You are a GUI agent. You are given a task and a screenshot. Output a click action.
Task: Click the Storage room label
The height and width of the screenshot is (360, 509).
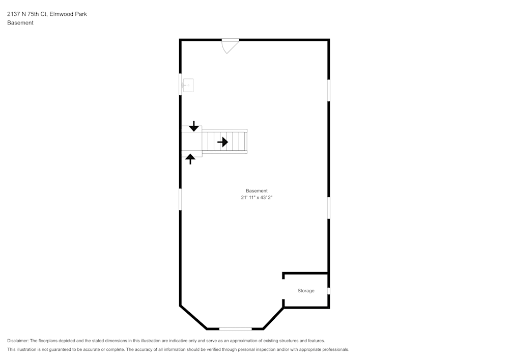[306, 291]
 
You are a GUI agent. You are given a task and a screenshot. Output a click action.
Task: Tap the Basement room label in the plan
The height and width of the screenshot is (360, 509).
[257, 191]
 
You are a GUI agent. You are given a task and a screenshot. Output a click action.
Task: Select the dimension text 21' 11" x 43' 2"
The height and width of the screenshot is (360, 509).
[257, 198]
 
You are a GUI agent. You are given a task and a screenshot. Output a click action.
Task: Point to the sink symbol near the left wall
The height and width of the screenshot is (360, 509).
[188, 86]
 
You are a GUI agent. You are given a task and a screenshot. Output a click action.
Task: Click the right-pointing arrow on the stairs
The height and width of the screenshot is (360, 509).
[223, 142]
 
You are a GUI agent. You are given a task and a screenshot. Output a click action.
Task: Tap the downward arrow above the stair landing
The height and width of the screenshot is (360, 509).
[194, 126]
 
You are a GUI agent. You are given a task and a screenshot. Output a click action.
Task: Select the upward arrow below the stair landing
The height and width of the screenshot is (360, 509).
[190, 159]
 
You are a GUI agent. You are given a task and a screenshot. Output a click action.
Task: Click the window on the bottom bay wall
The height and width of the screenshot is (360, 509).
[235, 329]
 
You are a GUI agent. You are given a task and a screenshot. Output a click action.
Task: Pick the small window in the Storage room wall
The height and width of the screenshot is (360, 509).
[328, 291]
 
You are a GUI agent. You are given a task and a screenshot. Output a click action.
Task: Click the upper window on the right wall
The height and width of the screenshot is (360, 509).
[328, 90]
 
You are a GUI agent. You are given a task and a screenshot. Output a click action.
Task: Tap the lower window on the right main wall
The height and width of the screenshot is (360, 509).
[328, 208]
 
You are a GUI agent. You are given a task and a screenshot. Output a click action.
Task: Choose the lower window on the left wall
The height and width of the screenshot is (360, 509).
[181, 199]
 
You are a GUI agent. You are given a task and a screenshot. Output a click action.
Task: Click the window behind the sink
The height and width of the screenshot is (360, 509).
[181, 85]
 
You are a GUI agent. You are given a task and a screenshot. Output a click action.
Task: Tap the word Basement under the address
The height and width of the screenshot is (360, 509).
[20, 23]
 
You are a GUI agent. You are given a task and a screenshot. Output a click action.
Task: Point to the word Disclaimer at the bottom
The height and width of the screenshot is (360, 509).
[18, 341]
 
